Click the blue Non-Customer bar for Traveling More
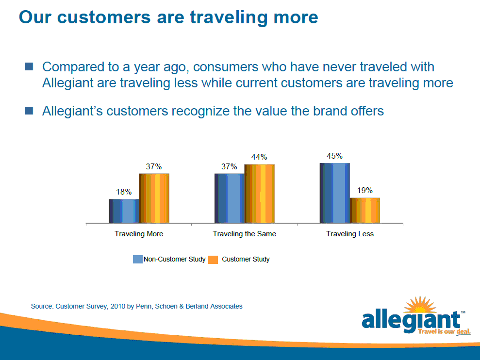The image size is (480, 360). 124,211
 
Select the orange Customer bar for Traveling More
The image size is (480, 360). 154,198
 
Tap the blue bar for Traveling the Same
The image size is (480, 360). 230,198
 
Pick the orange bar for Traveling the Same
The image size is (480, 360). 259,194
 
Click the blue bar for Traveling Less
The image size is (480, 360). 335,193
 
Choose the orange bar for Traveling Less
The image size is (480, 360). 365,210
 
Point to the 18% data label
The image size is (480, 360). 124,192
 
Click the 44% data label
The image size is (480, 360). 259,157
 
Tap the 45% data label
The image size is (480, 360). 334,156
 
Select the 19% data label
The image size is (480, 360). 365,190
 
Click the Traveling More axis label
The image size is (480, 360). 139,234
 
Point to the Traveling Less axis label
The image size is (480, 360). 350,234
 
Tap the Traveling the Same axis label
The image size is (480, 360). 245,234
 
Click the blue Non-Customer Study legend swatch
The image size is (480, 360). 138,259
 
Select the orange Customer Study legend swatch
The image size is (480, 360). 213,260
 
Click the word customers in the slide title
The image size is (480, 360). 104,17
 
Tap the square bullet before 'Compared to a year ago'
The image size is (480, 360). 29,66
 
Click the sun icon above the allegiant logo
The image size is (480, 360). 420,305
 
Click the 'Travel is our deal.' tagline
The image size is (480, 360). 444,332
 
